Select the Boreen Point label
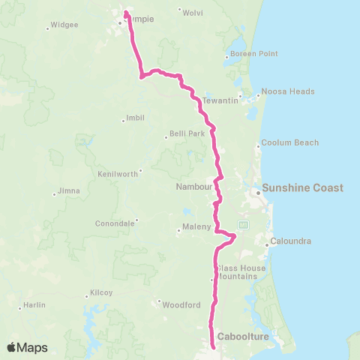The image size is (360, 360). click(x=254, y=54)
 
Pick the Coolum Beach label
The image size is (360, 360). click(x=289, y=142)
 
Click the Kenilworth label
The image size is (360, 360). click(x=118, y=173)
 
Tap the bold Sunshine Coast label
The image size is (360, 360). click(x=302, y=187)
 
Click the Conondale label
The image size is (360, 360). click(x=115, y=223)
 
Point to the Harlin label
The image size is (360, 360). click(x=34, y=305)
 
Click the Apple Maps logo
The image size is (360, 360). click(x=27, y=347)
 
